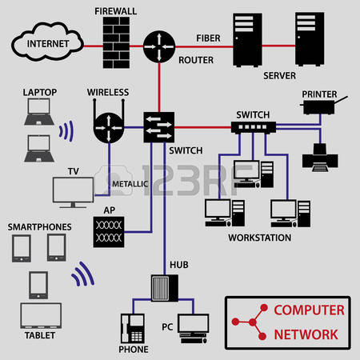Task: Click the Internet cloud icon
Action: click(47, 42)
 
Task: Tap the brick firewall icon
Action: click(116, 42)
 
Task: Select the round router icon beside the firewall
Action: click(159, 46)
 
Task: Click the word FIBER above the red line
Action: click(208, 38)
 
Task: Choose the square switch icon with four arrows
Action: click(159, 127)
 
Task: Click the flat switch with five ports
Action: click(254, 127)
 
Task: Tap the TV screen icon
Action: click(73, 192)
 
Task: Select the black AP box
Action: click(109, 232)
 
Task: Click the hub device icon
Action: click(165, 288)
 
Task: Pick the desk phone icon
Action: click(133, 328)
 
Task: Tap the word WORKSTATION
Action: click(259, 238)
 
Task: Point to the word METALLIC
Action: click(130, 184)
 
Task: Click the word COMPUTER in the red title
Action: click(309, 310)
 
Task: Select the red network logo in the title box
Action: click(250, 322)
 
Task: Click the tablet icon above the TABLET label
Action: click(41, 316)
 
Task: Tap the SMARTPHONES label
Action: click(39, 227)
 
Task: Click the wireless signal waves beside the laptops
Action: click(66, 130)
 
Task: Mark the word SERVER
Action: click(279, 76)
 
